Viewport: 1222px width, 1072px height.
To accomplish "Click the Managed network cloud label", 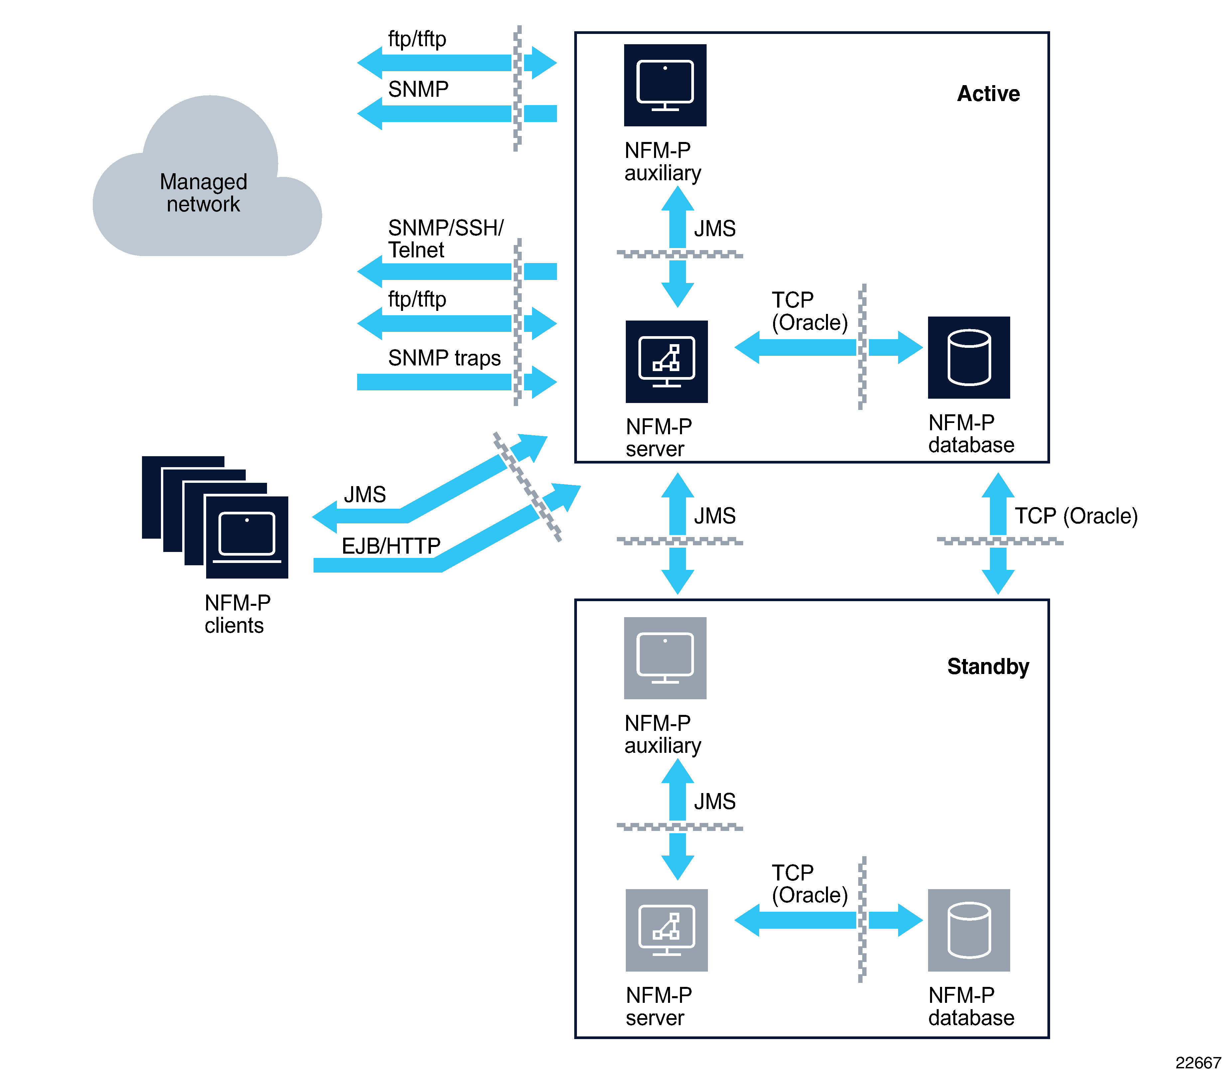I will pyautogui.click(x=203, y=193).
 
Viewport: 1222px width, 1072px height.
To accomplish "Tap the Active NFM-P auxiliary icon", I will pyautogui.click(x=665, y=85).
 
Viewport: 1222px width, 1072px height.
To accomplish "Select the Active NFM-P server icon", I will pyautogui.click(x=666, y=361).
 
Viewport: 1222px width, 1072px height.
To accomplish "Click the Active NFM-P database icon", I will pyautogui.click(x=969, y=357).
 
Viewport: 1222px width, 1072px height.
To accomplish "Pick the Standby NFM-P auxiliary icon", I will pyautogui.click(x=665, y=658).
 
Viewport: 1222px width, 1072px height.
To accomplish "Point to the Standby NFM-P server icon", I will pyautogui.click(x=666, y=930).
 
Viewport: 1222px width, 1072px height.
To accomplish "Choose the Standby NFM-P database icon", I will pyautogui.click(x=969, y=930).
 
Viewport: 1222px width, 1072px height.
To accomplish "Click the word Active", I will pyautogui.click(x=988, y=94).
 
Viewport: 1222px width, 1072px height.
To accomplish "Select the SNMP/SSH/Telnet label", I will pyautogui.click(x=445, y=238).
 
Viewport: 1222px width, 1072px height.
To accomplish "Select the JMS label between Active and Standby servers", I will pyautogui.click(x=715, y=515).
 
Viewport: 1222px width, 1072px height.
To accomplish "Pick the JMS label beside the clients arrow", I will pyautogui.click(x=365, y=494).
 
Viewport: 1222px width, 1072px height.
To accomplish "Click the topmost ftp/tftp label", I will pyautogui.click(x=417, y=39).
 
